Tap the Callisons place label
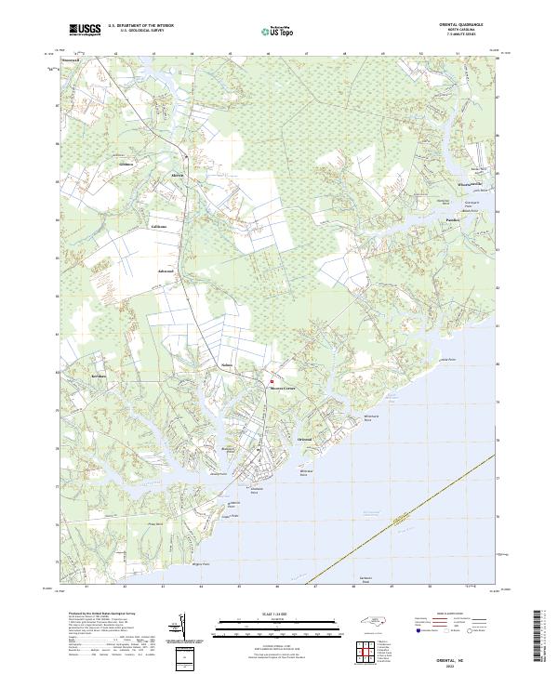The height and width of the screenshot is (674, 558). pos(160,226)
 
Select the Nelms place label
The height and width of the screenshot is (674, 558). pos(226,366)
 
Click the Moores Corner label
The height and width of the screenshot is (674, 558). pos(282,389)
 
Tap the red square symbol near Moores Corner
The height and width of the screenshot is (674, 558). pos(272,381)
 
